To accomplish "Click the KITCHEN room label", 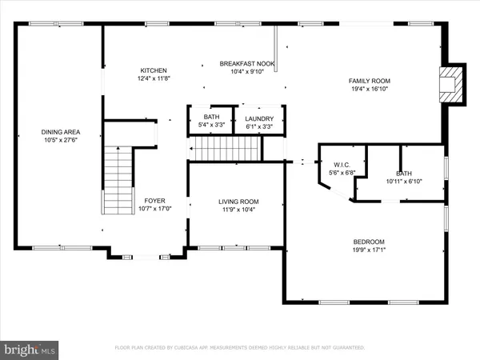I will point(154,70).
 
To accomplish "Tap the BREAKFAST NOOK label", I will point(248,63).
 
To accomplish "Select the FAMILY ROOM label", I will point(369,81).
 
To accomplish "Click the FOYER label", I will point(154,201).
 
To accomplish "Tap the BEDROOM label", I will point(369,242).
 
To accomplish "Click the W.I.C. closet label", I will point(342,164).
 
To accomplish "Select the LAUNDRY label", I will point(259,118).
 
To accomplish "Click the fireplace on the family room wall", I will point(454,85).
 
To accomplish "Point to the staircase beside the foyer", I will point(118,179).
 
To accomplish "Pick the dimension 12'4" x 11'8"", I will point(154,78).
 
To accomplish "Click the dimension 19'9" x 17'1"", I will point(369,251).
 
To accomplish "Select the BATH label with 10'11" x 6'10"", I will point(404,174).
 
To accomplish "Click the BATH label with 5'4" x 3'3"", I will point(211,118).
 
